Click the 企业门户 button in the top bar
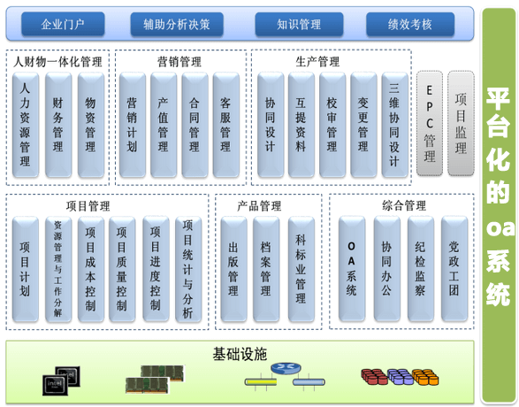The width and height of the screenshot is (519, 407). click(x=63, y=24)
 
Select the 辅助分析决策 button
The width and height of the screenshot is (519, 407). click(x=177, y=24)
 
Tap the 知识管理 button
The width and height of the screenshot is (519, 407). click(x=299, y=24)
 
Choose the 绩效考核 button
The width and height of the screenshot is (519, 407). click(x=410, y=24)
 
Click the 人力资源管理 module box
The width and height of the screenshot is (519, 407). click(x=26, y=125)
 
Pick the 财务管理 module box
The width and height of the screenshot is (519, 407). click(x=58, y=125)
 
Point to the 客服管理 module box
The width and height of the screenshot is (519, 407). click(x=225, y=125)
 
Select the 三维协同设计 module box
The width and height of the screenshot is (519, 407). click(x=394, y=125)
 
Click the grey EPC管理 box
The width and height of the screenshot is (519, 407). click(x=430, y=123)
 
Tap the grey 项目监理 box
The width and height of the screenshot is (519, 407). click(x=461, y=123)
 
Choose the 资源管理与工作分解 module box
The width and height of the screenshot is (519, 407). click(x=58, y=269)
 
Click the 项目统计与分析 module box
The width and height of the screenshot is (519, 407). click(x=188, y=269)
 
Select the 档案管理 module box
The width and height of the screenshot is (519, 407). click(x=266, y=269)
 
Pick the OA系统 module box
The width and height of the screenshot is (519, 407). click(x=352, y=269)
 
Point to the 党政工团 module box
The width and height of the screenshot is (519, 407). click(x=454, y=269)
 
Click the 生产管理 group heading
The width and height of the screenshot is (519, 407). click(x=317, y=62)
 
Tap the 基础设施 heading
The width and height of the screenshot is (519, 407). click(x=240, y=354)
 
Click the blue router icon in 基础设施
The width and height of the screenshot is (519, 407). click(x=286, y=368)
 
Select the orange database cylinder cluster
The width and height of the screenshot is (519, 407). click(x=425, y=377)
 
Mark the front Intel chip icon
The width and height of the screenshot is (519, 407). click(x=55, y=385)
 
